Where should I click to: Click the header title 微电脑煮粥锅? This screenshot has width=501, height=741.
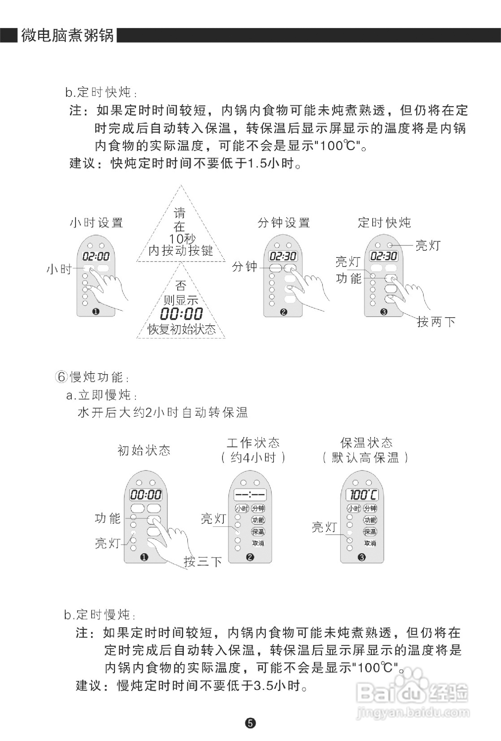coord(67,35)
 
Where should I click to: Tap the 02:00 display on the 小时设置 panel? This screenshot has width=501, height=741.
coord(96,256)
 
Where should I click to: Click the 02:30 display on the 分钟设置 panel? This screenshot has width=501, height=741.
coord(283,256)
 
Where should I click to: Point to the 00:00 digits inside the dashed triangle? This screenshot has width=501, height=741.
coord(181,314)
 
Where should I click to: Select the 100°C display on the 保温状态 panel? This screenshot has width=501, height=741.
coord(362,495)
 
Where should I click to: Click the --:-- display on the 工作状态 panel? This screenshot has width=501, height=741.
coord(250,495)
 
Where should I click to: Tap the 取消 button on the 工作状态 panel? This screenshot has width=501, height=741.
coord(258,543)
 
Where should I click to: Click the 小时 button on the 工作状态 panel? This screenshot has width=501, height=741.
coord(242,508)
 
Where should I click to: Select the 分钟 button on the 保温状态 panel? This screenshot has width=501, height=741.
coord(370,508)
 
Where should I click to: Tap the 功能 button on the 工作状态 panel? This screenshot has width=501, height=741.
coord(258,520)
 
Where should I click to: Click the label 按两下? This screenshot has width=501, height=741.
coord(436,322)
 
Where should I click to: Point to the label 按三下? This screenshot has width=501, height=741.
coord(203,561)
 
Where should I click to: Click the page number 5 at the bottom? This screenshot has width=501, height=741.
coord(250,724)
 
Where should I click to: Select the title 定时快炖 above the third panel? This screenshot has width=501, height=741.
coord(384,223)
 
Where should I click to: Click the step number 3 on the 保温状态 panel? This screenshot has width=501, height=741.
coord(362,557)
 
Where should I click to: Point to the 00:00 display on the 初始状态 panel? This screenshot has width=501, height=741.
coord(146,495)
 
